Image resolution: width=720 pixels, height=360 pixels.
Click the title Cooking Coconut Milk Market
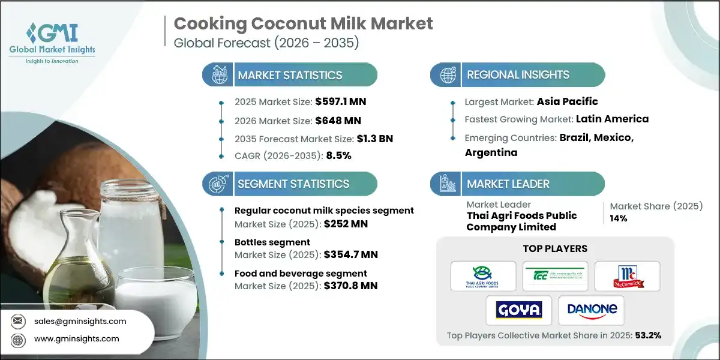click(x=303, y=23)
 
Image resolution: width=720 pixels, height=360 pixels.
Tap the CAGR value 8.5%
click(x=338, y=155)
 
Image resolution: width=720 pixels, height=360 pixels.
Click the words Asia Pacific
click(x=568, y=101)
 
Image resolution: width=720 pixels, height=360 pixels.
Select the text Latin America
click(x=612, y=119)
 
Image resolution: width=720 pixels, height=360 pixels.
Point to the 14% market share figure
click(x=618, y=218)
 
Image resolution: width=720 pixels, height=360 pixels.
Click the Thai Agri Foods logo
click(x=484, y=276)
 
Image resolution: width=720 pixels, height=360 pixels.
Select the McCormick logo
click(x=627, y=276)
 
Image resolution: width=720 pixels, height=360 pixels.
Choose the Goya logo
click(x=520, y=310)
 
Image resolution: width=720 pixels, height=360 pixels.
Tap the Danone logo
click(x=591, y=310)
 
